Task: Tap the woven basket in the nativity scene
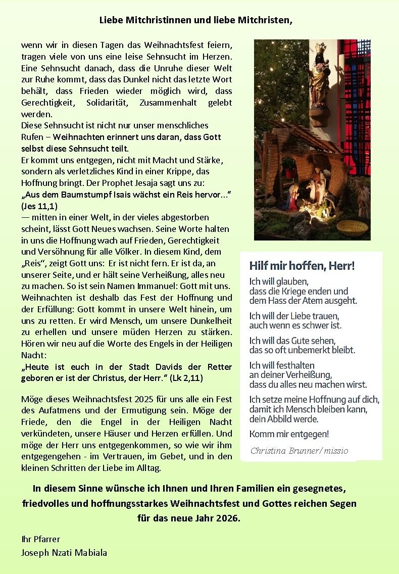pyautogui.click(x=352, y=225)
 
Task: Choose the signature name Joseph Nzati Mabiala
pyautogui.click(x=64, y=552)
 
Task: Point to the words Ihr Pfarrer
pyautogui.click(x=40, y=539)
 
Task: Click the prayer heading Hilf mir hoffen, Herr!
pyautogui.click(x=302, y=265)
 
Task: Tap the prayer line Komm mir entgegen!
pyautogui.click(x=289, y=434)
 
